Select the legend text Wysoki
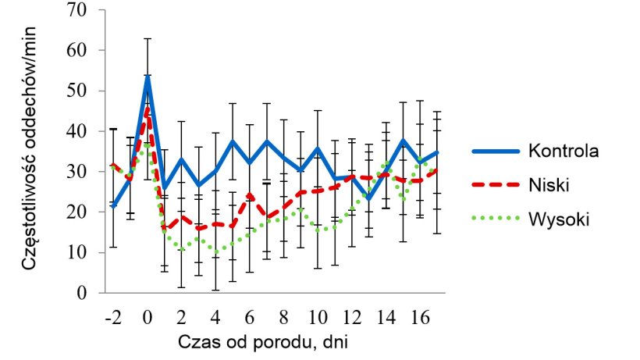(x=555, y=219)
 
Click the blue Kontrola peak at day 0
(x=147, y=77)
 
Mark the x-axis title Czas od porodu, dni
(x=266, y=341)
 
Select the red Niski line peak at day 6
(x=250, y=194)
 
